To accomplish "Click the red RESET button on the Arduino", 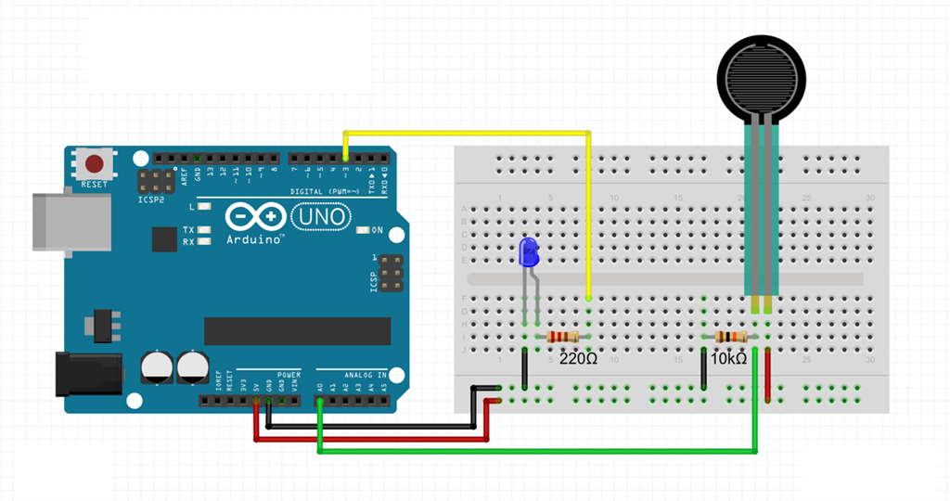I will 94,165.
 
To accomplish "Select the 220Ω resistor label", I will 578,358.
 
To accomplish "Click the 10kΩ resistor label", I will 729,358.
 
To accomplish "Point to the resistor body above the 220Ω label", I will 563,337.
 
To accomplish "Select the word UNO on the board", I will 321,218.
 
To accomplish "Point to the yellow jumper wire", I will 464,133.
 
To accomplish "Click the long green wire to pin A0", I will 538,452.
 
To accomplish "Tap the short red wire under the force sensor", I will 768,376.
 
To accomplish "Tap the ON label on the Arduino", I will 377,229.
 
